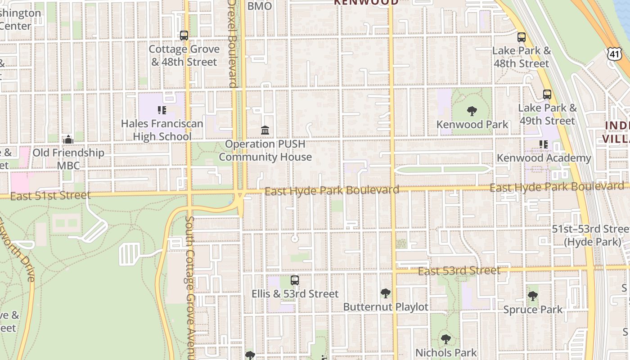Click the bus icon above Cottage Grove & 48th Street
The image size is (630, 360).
(184, 36)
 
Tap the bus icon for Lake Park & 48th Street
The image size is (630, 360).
(522, 37)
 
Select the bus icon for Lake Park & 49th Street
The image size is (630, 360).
(547, 94)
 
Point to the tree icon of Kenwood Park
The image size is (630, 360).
(472, 111)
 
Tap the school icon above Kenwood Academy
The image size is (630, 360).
(544, 144)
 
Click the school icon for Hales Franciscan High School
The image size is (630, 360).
(162, 110)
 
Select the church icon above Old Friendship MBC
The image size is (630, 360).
(68, 139)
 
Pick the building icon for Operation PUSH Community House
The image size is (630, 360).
(265, 130)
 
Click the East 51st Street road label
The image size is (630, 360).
(50, 196)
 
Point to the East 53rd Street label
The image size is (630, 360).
(459, 271)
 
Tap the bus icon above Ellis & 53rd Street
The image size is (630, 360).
(295, 280)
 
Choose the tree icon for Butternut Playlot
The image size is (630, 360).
(385, 293)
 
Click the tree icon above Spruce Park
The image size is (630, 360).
(533, 296)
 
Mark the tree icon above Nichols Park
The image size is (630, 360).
(445, 339)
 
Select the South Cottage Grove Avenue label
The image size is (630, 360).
(189, 288)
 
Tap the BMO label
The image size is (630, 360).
(260, 6)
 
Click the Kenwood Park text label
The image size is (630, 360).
(472, 125)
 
